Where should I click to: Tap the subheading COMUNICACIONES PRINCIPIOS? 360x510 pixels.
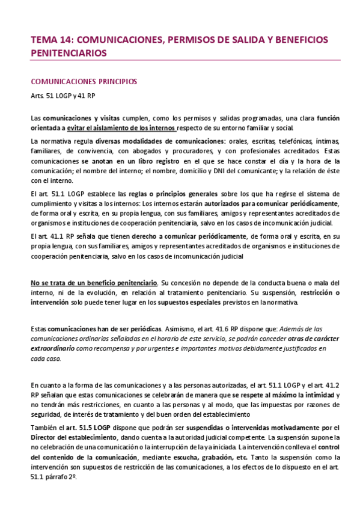tap(84, 81)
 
